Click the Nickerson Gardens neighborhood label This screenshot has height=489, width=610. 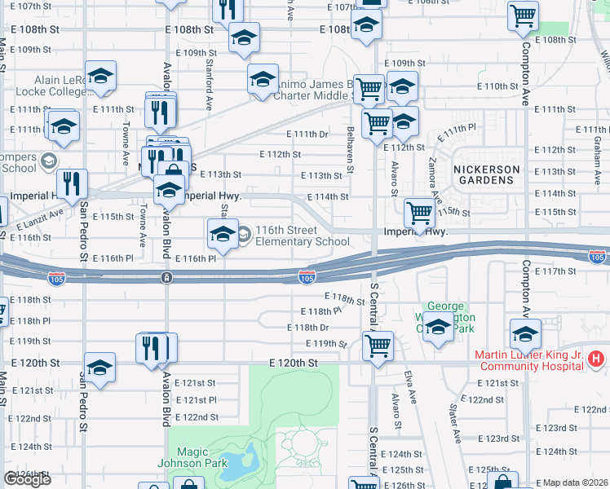[486, 176]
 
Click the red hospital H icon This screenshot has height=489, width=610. [597, 358]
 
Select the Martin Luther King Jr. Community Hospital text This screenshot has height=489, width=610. [529, 360]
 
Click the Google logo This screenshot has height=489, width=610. [28, 479]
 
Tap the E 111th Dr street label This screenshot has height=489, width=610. [307, 134]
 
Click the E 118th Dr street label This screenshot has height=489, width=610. [307, 327]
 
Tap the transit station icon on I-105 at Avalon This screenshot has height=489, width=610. [166, 278]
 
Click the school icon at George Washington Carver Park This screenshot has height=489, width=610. [438, 327]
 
